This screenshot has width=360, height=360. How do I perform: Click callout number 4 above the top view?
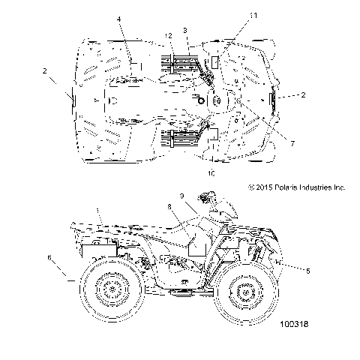pyautogui.click(x=119, y=19)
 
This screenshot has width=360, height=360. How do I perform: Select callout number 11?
pyautogui.click(x=253, y=16)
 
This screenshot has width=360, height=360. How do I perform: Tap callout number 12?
pyautogui.click(x=169, y=36)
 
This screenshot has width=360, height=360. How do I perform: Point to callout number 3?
pyautogui.click(x=185, y=31)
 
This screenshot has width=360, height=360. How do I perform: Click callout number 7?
pyautogui.click(x=292, y=143)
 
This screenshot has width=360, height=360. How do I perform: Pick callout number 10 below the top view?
pyautogui.click(x=211, y=173)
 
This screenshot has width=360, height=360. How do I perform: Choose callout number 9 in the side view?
pyautogui.click(x=182, y=196)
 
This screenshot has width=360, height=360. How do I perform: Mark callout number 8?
pyautogui.click(x=169, y=207)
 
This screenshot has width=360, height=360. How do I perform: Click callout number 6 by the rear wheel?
pyautogui.click(x=49, y=257)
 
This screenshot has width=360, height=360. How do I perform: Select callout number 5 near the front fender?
pyautogui.click(x=308, y=271)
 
